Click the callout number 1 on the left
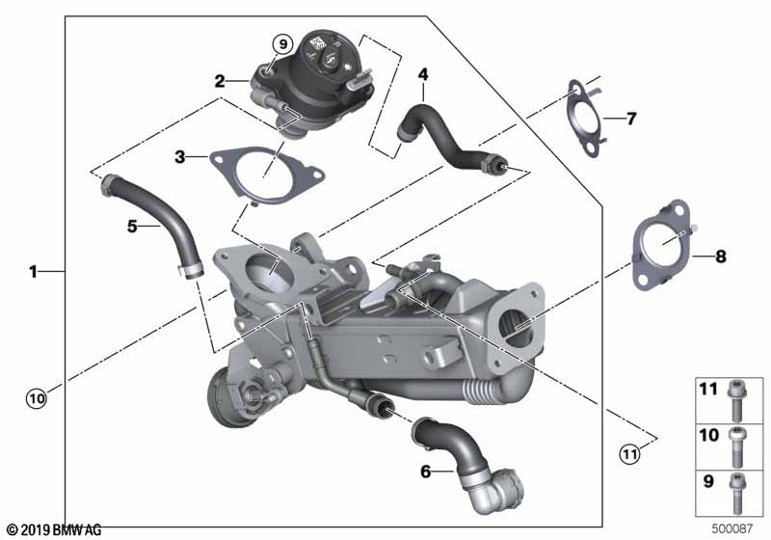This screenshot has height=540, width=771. (x=33, y=271)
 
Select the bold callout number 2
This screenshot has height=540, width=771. (x=220, y=81)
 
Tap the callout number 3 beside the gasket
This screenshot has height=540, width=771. (x=180, y=157)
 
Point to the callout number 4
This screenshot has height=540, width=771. (x=423, y=74)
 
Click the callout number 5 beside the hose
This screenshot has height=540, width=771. (x=132, y=227)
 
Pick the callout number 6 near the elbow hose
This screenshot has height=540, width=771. (x=425, y=472)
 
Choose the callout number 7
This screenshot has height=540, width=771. (x=631, y=119)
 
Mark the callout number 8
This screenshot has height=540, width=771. (x=720, y=256)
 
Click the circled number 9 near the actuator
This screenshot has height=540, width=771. (x=282, y=44)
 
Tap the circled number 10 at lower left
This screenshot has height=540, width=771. (x=37, y=398)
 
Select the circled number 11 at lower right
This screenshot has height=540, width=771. (x=630, y=453)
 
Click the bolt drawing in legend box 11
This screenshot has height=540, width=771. (x=736, y=401)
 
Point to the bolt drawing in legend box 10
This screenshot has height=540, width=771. (x=736, y=446)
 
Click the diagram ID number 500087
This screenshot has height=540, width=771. (x=732, y=528)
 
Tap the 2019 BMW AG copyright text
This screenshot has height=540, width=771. (x=55, y=530)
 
